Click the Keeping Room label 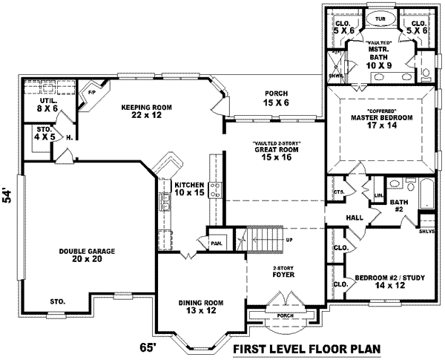point(146,111)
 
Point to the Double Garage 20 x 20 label point(87,255)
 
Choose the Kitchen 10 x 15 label point(191,189)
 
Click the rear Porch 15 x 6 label point(276,98)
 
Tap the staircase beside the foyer point(264,240)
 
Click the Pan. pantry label point(217,243)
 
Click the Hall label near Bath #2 point(355,217)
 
